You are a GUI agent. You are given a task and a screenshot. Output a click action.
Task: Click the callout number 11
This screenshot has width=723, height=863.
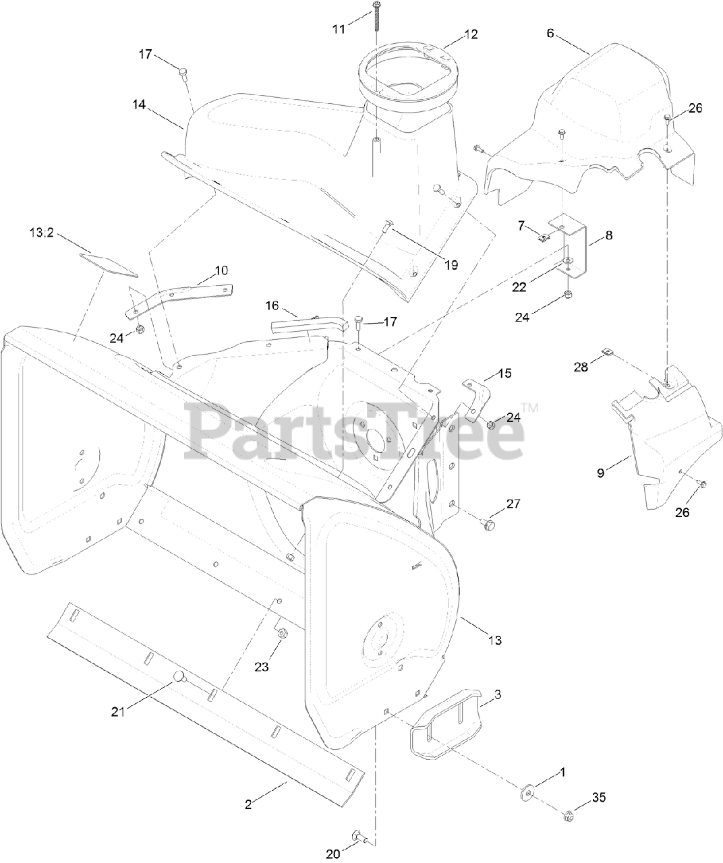coord(339,28)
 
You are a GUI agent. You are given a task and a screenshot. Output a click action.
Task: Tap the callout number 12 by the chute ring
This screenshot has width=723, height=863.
coord(471,34)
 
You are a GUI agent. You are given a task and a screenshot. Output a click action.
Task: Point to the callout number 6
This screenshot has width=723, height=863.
coord(551,33)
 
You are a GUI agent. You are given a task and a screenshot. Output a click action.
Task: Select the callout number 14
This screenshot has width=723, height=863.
coord(139,105)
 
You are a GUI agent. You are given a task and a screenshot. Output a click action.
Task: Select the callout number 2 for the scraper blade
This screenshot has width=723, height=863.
coord(248,804)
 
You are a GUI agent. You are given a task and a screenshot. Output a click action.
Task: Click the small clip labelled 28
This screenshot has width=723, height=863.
coord(607,351)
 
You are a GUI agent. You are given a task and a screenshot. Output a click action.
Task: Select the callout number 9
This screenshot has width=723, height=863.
coord(601,473)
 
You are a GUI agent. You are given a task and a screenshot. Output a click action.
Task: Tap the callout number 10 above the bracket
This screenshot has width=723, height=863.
coord(221,270)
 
